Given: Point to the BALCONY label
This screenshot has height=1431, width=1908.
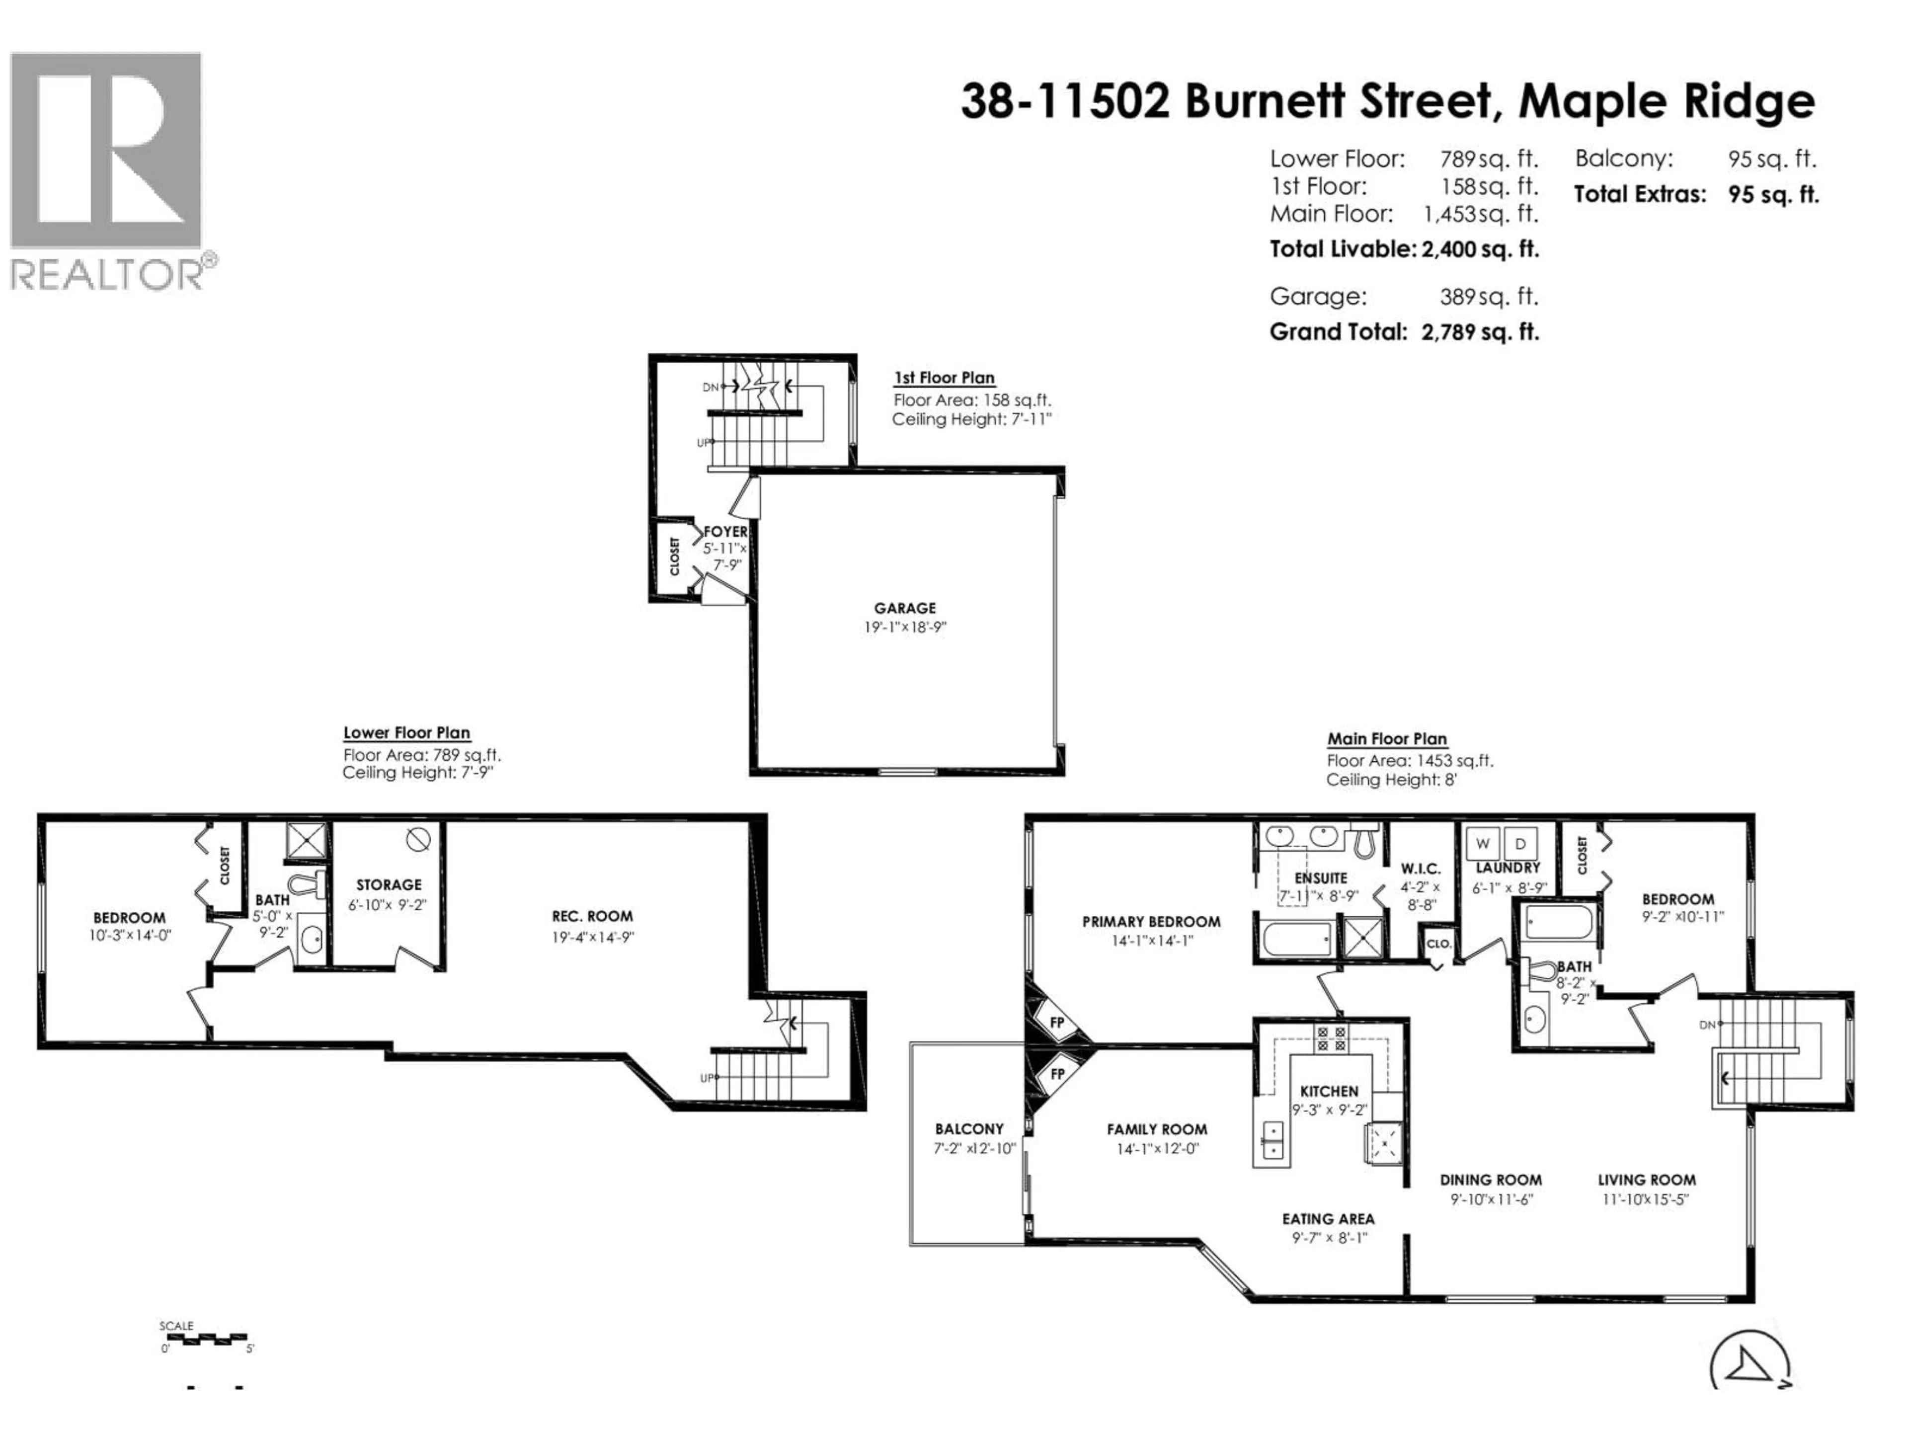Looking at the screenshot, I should [969, 1129].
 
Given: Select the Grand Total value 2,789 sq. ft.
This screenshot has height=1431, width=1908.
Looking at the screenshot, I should [1480, 332].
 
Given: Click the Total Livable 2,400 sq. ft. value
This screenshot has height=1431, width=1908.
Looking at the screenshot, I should [1480, 249].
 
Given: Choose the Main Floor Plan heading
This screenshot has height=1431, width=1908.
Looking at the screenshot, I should [1387, 739].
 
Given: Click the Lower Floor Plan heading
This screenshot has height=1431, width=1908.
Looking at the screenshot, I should [406, 733].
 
